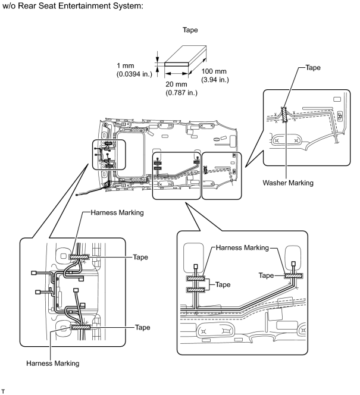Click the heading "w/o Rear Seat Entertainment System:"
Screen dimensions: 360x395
point(73,6)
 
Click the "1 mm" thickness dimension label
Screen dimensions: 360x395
point(125,66)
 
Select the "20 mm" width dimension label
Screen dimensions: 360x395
point(176,84)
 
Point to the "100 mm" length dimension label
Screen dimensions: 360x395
point(214,71)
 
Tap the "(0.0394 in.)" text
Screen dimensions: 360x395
point(134,74)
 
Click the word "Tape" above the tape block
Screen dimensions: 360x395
point(190,30)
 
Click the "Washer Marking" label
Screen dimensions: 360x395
point(288,183)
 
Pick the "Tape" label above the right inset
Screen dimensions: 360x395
point(313,67)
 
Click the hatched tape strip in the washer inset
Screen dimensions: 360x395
point(284,115)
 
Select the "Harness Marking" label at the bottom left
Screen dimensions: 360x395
point(52,363)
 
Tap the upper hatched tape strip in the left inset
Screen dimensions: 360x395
point(79,257)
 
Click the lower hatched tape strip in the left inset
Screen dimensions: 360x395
point(80,327)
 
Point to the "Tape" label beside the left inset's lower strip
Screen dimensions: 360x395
point(142,327)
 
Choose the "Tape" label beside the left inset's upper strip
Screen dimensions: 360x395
point(140,257)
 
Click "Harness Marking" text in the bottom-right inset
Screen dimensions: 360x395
point(242,247)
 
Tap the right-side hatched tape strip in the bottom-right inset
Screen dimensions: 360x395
point(294,276)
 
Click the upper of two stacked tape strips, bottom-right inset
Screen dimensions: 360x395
point(196,278)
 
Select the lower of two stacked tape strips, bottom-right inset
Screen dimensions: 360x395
point(196,290)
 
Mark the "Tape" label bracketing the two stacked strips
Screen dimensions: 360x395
point(223,285)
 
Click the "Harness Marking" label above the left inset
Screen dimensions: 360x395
point(117,212)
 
